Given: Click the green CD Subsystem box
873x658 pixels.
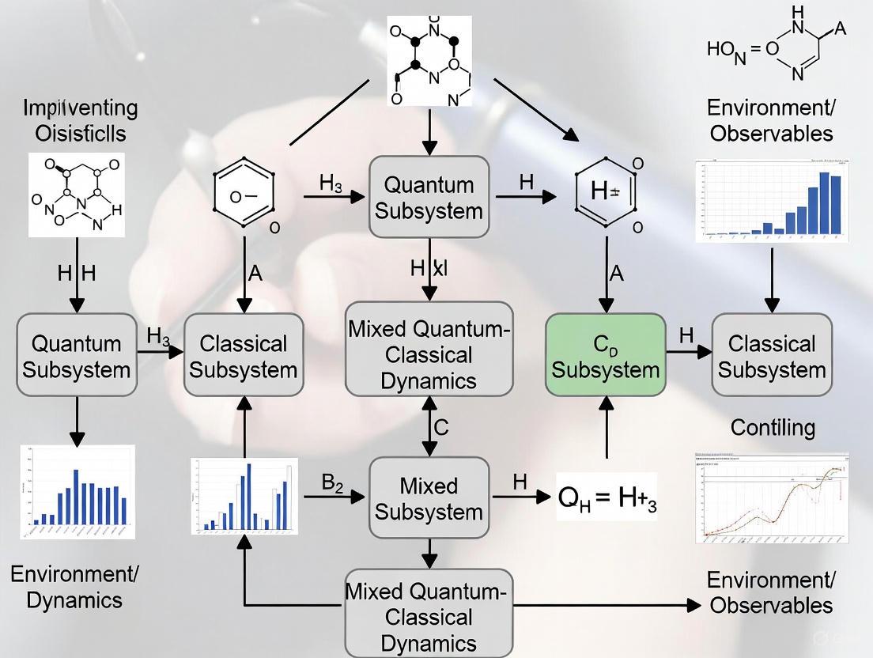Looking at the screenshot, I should coord(606,355).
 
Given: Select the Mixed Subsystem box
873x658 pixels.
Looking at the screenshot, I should coord(429,498).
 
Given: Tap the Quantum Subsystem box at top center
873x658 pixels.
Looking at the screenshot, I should coord(429,197).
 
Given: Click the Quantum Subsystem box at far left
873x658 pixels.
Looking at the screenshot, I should coord(77,355).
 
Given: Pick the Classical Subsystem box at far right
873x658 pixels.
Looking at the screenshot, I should coord(772,355).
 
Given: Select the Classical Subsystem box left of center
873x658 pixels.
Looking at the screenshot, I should coord(244,355).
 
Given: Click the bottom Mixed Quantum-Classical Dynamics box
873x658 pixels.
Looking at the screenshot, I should coord(429,616).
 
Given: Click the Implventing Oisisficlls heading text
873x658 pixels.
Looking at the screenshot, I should coord(80,120).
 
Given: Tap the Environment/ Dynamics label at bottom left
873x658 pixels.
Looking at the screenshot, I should coord(74,586).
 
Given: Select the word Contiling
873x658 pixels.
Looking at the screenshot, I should coord(772,428).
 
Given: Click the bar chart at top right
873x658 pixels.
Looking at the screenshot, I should coord(771,201).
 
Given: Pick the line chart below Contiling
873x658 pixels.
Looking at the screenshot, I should coord(771,498).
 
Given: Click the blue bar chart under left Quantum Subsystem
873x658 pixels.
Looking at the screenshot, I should coord(77,492).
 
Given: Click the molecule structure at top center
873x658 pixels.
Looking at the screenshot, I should coord(429,61).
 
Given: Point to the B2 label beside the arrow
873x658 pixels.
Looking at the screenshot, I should coord(332,482).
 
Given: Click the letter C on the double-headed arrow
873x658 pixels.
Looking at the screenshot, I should coord(441,427).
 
